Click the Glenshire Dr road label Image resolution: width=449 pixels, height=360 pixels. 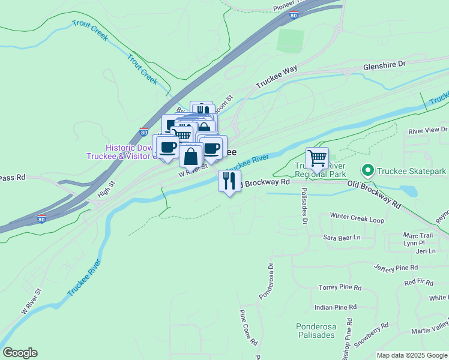(x=384, y=64)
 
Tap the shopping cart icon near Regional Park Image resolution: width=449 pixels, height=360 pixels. (x=317, y=159)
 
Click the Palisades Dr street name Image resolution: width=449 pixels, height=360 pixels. (x=304, y=206)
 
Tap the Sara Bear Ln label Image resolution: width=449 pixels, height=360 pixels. (x=342, y=238)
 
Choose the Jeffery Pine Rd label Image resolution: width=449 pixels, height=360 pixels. (x=396, y=267)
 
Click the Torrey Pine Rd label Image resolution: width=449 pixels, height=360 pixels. (x=340, y=288)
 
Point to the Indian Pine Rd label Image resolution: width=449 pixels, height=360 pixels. (x=336, y=307)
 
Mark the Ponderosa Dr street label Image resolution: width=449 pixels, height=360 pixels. (x=266, y=279)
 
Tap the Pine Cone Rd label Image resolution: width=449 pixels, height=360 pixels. (x=249, y=327)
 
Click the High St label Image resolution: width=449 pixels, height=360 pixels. (x=105, y=190)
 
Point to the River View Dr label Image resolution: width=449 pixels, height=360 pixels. (x=427, y=130)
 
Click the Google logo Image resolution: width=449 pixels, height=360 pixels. (x=20, y=353)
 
